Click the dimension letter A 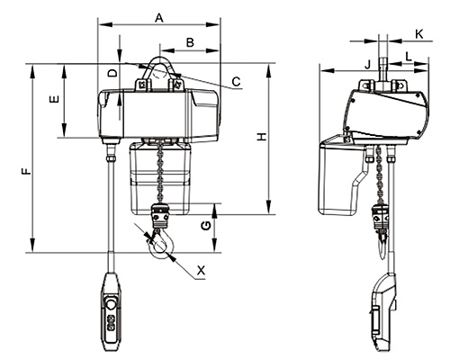point(159,18)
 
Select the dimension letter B point(190,42)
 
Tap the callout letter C point(237,82)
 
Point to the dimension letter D point(112,73)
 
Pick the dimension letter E point(54,99)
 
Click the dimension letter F point(26,171)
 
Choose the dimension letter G point(205,226)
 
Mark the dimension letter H point(262,137)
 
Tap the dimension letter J point(368,64)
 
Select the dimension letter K point(419,34)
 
